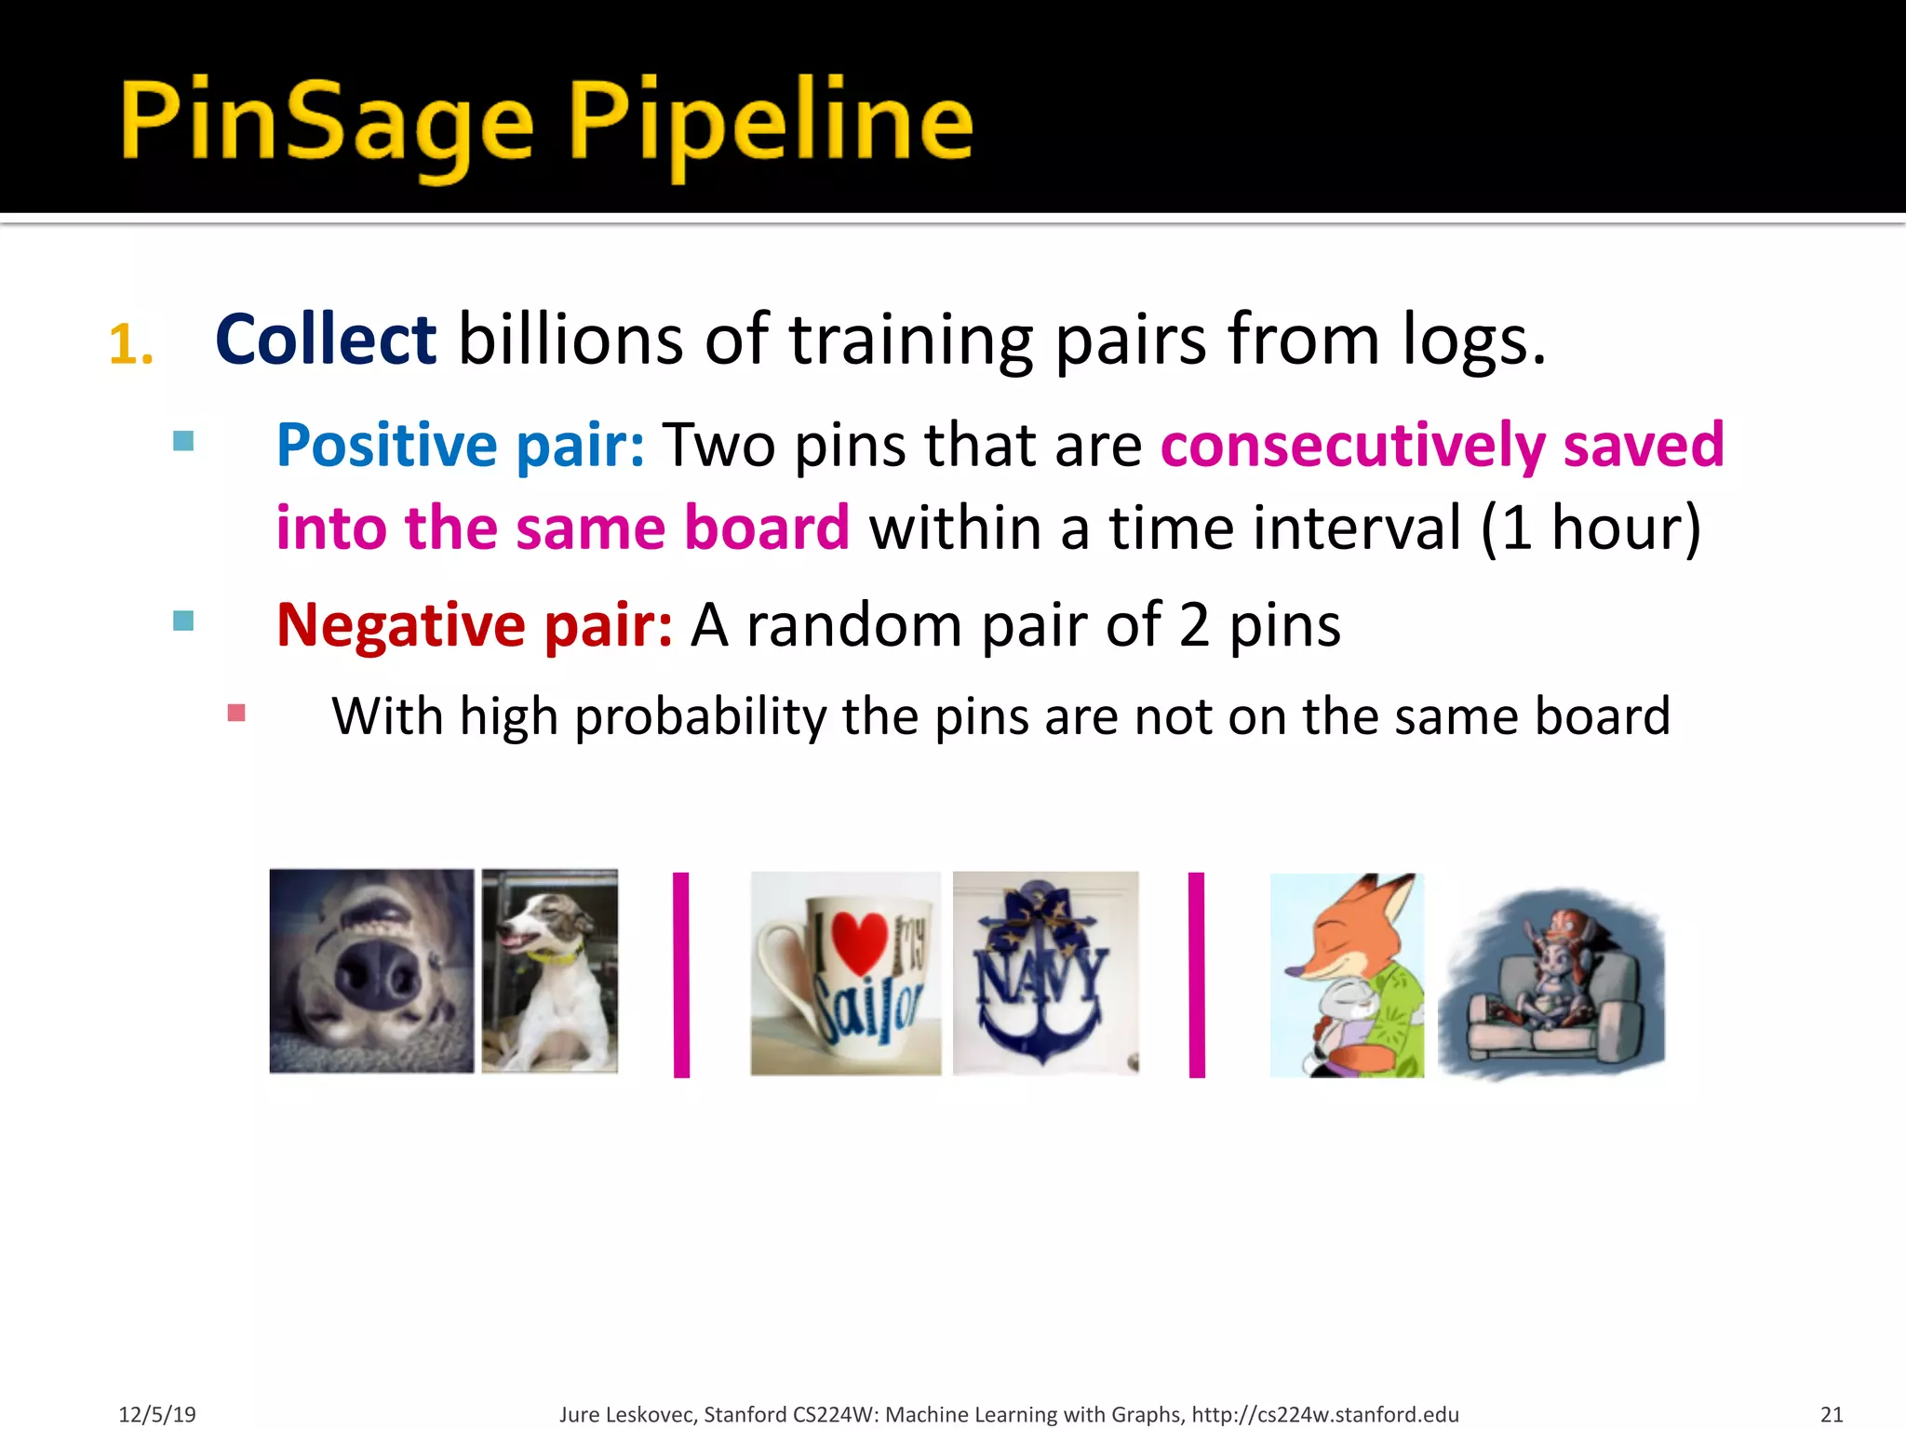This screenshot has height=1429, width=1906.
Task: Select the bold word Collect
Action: (325, 340)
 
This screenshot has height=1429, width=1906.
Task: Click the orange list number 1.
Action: (130, 345)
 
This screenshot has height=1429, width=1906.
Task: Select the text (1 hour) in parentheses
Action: (1591, 528)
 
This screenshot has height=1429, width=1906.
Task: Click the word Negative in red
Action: (401, 624)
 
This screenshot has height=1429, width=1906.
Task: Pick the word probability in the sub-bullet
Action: (699, 717)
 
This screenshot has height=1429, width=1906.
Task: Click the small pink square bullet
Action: (236, 714)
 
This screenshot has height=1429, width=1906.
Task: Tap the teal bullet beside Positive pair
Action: (183, 441)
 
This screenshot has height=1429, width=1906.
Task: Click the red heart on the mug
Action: (859, 941)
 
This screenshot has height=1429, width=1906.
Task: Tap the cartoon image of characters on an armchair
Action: (1551, 984)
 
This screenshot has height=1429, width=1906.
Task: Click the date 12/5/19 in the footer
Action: (157, 1414)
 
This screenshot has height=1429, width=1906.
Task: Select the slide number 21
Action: (1832, 1414)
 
